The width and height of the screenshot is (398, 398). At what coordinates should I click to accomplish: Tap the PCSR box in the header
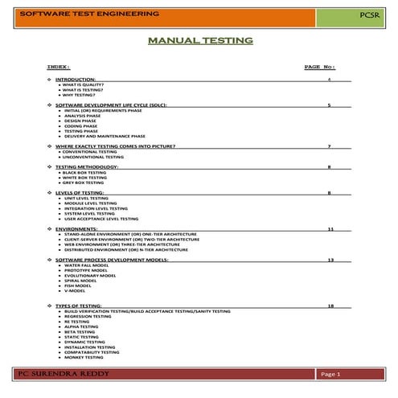365,14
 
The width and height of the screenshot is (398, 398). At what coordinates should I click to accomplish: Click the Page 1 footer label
331,375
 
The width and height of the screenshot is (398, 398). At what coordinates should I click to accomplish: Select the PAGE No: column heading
319,66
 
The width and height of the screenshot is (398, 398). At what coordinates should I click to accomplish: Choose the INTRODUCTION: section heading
74,80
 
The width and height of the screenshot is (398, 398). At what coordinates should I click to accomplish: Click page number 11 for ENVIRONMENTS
330,229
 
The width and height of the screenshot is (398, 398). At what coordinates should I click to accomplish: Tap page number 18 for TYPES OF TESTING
330,306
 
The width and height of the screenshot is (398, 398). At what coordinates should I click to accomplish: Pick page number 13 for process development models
330,260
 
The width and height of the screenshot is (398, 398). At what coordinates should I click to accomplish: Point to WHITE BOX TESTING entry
84,177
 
